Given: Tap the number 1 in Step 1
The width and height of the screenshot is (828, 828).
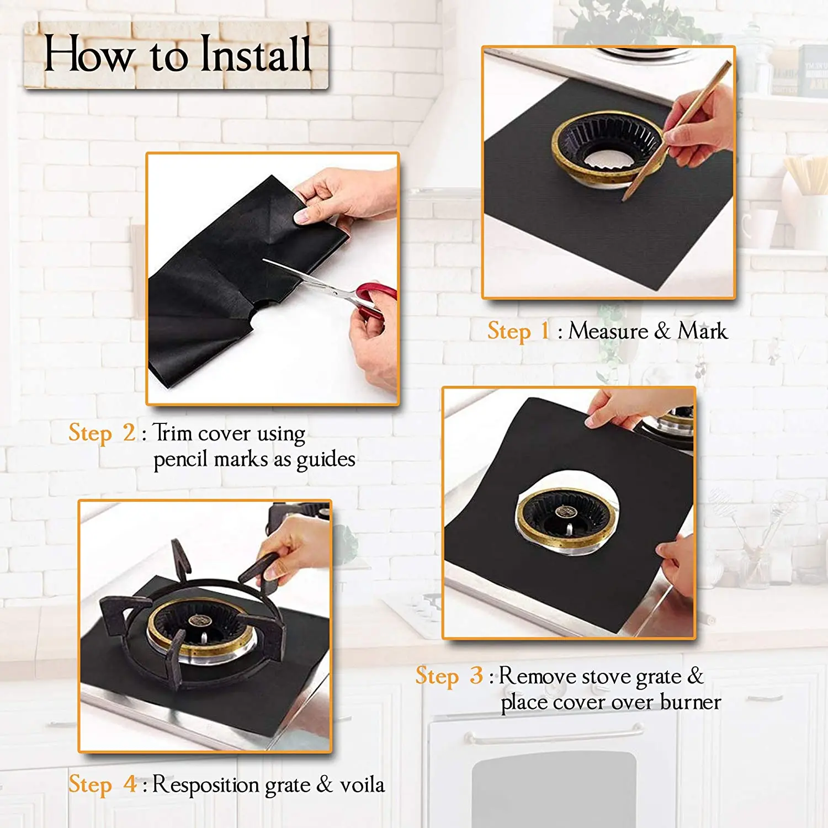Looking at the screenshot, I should (x=545, y=331).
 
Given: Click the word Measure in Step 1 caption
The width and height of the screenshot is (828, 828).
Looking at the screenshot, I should (x=608, y=331).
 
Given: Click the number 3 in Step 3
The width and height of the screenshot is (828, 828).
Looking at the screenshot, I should (x=476, y=676).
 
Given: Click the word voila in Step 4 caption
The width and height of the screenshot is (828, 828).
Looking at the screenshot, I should (x=362, y=784).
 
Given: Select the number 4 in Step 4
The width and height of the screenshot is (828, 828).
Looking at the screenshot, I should (x=130, y=784).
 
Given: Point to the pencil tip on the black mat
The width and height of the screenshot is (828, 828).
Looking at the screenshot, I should (x=624, y=199).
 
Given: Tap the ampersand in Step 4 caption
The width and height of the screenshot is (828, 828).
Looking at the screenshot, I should (x=325, y=784).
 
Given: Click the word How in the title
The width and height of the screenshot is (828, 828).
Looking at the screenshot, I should (x=88, y=54).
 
